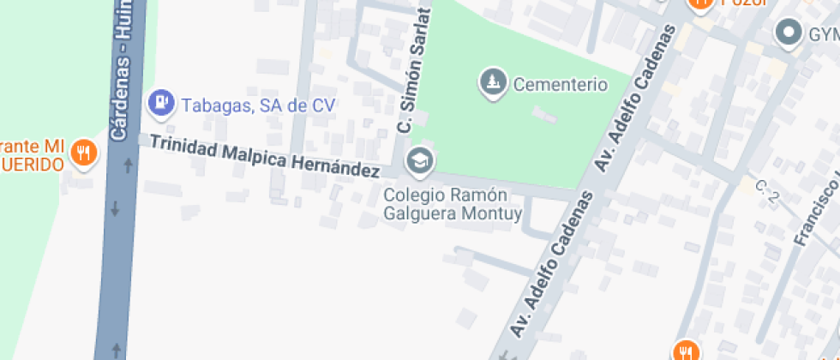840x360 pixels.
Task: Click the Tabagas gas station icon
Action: pyautogui.click(x=159, y=104)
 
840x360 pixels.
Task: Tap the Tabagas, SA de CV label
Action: pyautogui.click(x=257, y=105)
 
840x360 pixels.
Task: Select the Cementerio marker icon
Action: pyautogui.click(x=492, y=83)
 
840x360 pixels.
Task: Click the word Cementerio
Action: pyautogui.click(x=560, y=85)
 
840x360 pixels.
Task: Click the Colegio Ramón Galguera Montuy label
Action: pyautogui.click(x=452, y=204)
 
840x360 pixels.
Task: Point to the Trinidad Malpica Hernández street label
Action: pyautogui.click(x=264, y=156)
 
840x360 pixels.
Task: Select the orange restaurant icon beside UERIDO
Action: pyautogui.click(x=83, y=153)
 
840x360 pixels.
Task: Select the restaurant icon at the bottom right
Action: pyautogui.click(x=684, y=350)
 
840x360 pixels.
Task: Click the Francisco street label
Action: pyautogui.click(x=814, y=206)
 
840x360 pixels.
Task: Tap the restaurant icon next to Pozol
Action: pyautogui.click(x=700, y=4)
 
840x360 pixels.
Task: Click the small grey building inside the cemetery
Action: pyautogui.click(x=543, y=114)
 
